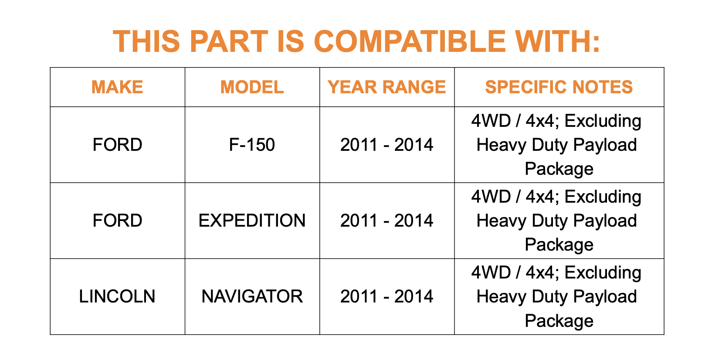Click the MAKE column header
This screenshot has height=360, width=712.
117,87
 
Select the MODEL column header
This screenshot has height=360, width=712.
252,87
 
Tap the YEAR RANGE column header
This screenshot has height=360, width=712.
387,87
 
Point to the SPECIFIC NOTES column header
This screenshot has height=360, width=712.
559,87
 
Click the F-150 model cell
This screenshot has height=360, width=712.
252,145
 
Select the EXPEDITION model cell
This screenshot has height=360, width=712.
252,221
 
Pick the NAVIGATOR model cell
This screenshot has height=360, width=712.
252,296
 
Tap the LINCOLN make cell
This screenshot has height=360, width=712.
117,296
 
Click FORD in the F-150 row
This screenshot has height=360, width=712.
117,145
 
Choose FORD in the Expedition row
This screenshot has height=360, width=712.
117,221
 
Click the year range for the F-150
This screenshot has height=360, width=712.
387,145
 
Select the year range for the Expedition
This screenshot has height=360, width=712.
387,221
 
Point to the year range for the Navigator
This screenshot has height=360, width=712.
387,296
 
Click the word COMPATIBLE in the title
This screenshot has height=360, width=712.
410,41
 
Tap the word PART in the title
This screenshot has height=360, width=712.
229,41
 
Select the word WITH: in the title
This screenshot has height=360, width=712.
557,41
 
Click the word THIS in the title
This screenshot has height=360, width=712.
146,41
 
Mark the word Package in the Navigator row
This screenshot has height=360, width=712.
559,321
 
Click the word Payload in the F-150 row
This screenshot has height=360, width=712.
605,145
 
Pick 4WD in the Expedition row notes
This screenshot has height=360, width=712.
491,197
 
